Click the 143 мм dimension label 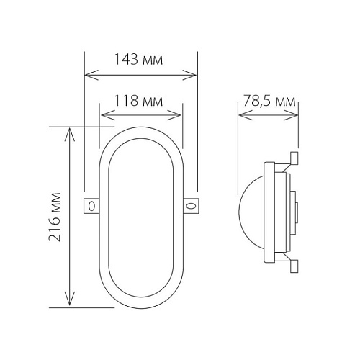click(138, 59)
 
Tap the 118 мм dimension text click(138, 101)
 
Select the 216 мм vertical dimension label click(55, 217)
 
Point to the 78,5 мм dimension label click(269, 101)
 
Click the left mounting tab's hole click(91, 206)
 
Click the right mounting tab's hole click(191, 206)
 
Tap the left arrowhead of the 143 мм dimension click(91, 75)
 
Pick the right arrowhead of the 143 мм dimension click(189, 75)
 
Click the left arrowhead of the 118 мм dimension click(108, 115)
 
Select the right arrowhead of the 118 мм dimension click(174, 115)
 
